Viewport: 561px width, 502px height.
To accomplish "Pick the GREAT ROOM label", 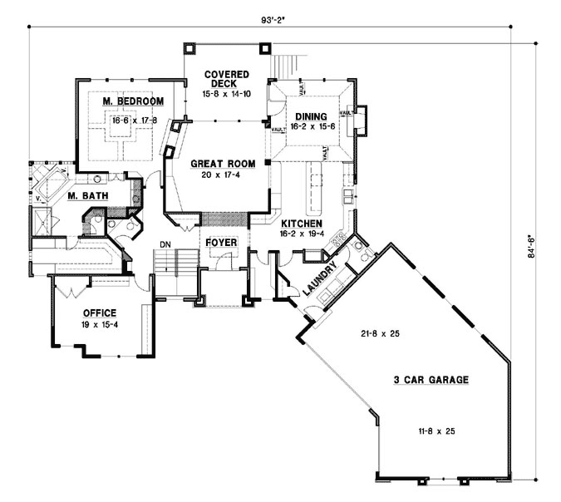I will coord(222,163).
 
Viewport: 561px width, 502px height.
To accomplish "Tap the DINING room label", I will coord(308,116).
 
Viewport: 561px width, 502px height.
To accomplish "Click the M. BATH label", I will coord(85,196).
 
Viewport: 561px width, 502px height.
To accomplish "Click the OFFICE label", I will coord(97,313).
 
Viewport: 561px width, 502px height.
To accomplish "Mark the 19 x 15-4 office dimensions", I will coord(97,325).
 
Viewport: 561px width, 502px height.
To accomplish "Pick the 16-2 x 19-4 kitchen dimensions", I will coord(301,235).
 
